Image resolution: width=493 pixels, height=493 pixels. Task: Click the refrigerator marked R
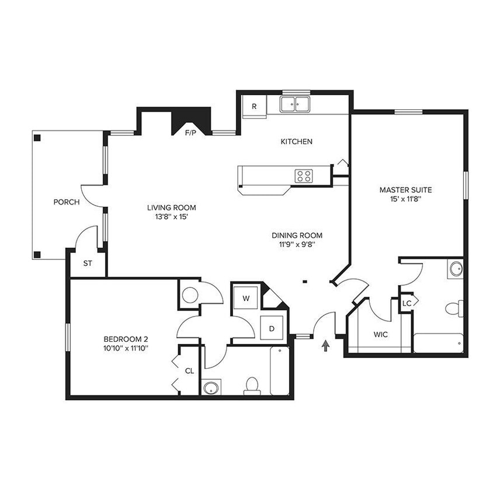tap(254, 106)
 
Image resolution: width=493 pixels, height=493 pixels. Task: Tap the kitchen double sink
tap(295, 105)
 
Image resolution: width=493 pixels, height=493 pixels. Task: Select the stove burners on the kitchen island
tap(303, 175)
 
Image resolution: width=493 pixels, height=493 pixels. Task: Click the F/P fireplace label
tap(190, 133)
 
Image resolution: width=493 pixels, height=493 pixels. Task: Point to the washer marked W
tap(246, 298)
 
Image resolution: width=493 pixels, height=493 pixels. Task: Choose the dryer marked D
tap(272, 328)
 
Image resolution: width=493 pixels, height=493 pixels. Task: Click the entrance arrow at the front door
tap(325, 347)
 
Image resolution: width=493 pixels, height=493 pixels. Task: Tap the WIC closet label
tap(381, 335)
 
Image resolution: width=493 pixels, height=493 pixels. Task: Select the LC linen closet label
tap(407, 303)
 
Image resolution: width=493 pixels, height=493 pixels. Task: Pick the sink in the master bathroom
tap(456, 269)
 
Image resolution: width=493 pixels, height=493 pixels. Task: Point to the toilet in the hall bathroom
tap(252, 386)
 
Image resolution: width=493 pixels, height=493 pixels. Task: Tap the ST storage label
tap(88, 263)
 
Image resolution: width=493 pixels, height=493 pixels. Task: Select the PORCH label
tap(66, 202)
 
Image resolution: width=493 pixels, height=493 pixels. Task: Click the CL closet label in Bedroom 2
tap(189, 370)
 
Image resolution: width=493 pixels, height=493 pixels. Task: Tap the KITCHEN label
tap(296, 141)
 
